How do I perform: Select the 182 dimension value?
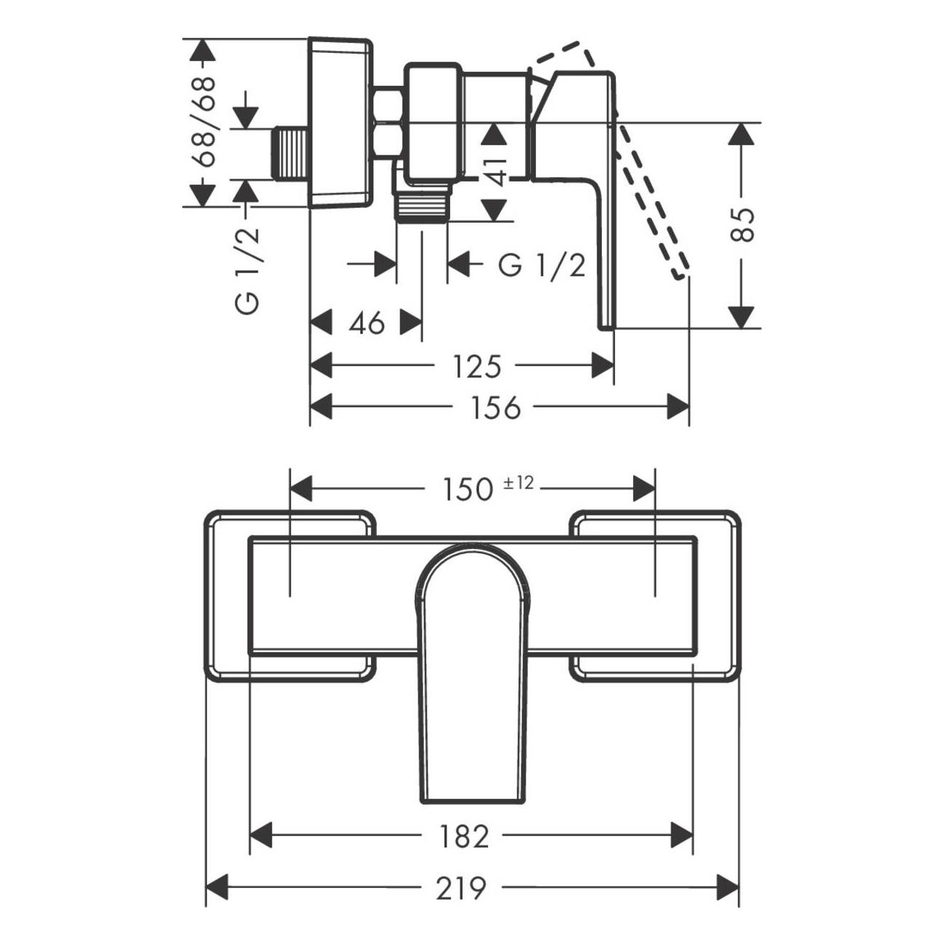pyautogui.click(x=464, y=837)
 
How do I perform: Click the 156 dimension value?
pyautogui.click(x=496, y=408)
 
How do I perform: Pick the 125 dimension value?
pyautogui.click(x=477, y=367)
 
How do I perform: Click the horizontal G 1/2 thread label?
pyautogui.click(x=541, y=266)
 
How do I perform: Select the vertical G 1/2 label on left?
pyautogui.click(x=248, y=270)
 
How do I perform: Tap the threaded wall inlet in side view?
pyautogui.click(x=291, y=153)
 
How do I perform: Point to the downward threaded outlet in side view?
pyautogui.click(x=421, y=207)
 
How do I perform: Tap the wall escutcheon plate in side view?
pyautogui.click(x=340, y=122)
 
